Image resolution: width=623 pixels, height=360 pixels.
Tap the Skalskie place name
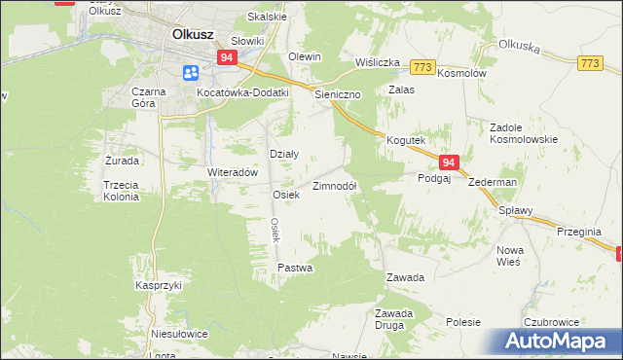(x=267, y=17)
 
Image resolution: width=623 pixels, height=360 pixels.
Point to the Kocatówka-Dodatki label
(x=242, y=92)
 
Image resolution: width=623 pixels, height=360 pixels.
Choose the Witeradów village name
(x=232, y=171)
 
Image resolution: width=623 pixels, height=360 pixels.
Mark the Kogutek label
(x=408, y=140)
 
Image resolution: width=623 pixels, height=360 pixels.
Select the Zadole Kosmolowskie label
(x=524, y=132)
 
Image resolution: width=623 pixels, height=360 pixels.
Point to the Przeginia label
(x=580, y=232)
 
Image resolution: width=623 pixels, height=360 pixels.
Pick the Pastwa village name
(x=295, y=267)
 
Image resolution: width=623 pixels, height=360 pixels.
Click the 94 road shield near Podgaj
(x=448, y=163)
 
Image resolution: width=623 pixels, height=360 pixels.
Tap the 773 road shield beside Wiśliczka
(x=421, y=66)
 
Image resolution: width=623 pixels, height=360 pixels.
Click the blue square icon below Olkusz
(x=190, y=72)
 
